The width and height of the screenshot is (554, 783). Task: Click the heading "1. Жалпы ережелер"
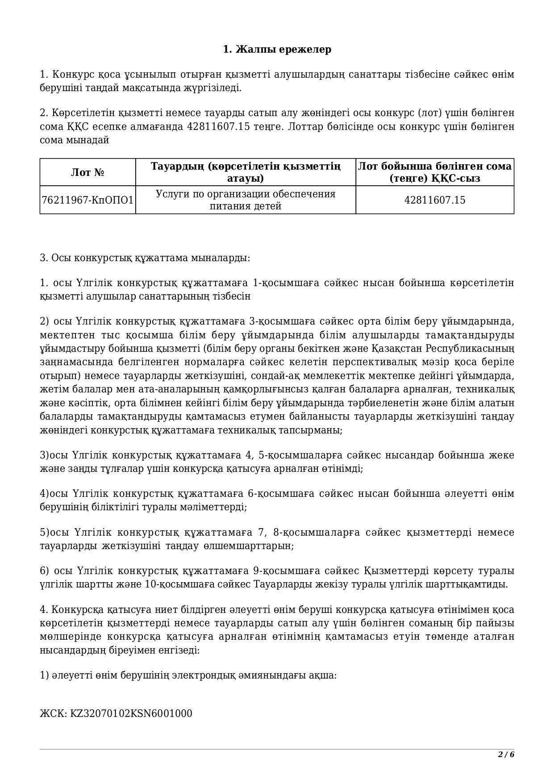(277, 49)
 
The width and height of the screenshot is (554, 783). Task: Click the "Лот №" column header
(87, 173)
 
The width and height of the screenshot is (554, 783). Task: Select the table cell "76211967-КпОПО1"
(87, 200)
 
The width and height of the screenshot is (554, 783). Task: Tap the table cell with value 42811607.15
(434, 200)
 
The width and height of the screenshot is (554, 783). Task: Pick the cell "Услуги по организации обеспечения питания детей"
(246, 200)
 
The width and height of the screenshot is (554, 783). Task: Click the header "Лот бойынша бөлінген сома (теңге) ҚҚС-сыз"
(434, 173)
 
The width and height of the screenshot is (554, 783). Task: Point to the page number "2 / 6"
(506, 754)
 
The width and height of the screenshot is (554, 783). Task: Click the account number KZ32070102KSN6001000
(131, 713)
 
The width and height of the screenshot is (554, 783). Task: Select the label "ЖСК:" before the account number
(54, 713)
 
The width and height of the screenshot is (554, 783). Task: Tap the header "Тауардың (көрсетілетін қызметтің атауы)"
(246, 173)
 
